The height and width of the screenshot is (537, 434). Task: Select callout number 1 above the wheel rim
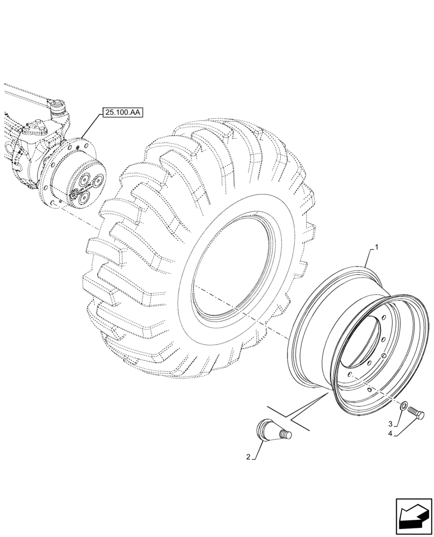(x=377, y=247)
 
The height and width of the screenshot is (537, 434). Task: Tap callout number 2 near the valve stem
(x=248, y=457)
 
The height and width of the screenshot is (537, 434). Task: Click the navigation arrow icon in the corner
(x=414, y=517)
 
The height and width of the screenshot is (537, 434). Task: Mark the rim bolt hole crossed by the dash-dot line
(x=350, y=375)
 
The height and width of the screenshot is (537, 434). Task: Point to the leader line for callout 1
(x=369, y=258)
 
